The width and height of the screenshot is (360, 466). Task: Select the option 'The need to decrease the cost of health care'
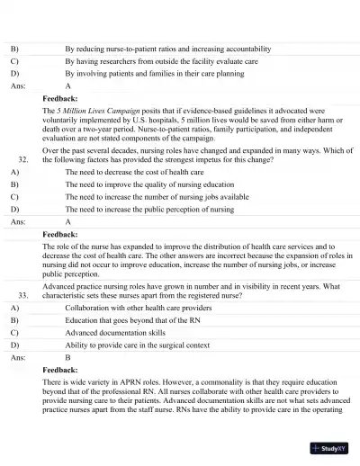[134, 169]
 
